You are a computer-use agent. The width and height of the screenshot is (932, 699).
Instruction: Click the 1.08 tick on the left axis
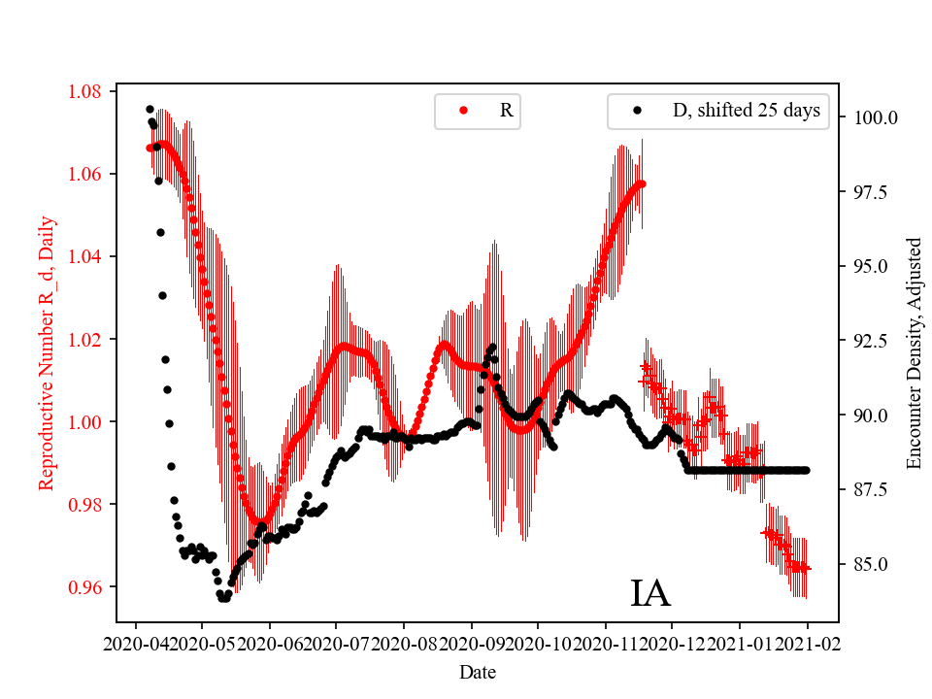[x=84, y=92]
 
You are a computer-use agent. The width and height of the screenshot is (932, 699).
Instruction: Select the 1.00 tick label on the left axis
[x=84, y=422]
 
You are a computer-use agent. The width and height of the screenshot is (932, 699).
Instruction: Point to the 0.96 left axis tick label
[x=84, y=587]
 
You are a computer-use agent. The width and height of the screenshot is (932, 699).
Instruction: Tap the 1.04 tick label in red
[x=84, y=257]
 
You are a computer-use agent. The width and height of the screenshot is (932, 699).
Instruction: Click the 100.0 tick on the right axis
[x=875, y=117]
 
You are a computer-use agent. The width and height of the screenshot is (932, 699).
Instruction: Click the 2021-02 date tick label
[x=807, y=643]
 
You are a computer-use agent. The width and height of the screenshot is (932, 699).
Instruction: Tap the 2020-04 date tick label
[x=136, y=643]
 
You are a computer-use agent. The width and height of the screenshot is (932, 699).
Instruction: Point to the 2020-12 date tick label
[x=672, y=643]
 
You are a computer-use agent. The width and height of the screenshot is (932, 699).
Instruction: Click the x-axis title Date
[x=478, y=671]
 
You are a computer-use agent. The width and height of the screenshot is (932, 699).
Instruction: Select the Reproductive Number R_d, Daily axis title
[x=46, y=353]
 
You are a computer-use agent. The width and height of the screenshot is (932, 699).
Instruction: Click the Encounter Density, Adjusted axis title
[x=914, y=353]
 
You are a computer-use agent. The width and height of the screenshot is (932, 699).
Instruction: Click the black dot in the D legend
[x=637, y=111]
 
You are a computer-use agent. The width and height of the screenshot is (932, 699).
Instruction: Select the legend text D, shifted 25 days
[x=746, y=111]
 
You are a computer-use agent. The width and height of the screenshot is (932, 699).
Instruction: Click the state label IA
[x=650, y=593]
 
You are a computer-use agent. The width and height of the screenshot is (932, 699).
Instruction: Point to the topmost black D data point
[x=150, y=110]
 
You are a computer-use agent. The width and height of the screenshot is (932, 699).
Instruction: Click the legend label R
[x=506, y=111]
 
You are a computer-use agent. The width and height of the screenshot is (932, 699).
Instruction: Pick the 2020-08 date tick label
[x=404, y=643]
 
